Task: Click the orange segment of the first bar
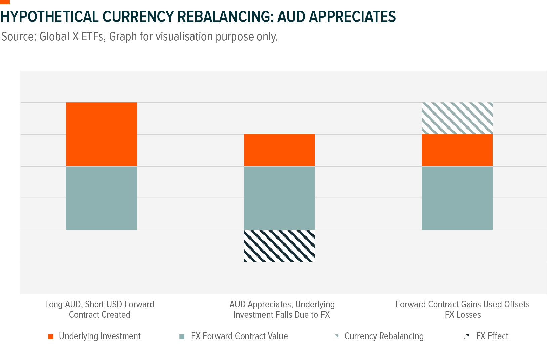pos(101,134)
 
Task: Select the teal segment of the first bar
pos(101,198)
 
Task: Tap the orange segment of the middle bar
pos(279,150)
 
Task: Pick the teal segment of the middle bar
pos(279,198)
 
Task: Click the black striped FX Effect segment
pos(279,246)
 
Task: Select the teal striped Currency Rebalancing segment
pos(457,118)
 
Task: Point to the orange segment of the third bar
pos(457,150)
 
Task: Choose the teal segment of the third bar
pos(457,198)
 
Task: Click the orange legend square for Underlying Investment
pos(51,336)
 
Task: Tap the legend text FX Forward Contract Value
pos(239,336)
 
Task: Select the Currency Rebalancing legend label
pos(384,336)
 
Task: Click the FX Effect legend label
pos(492,336)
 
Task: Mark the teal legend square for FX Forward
pos(182,336)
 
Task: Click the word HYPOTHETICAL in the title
pos(49,17)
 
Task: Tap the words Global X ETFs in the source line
pos(72,36)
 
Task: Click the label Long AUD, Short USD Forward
pos(99,304)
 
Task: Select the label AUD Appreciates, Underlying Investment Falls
pos(282,309)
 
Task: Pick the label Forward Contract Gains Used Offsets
pos(462,304)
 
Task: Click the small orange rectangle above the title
pos(5,2)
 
